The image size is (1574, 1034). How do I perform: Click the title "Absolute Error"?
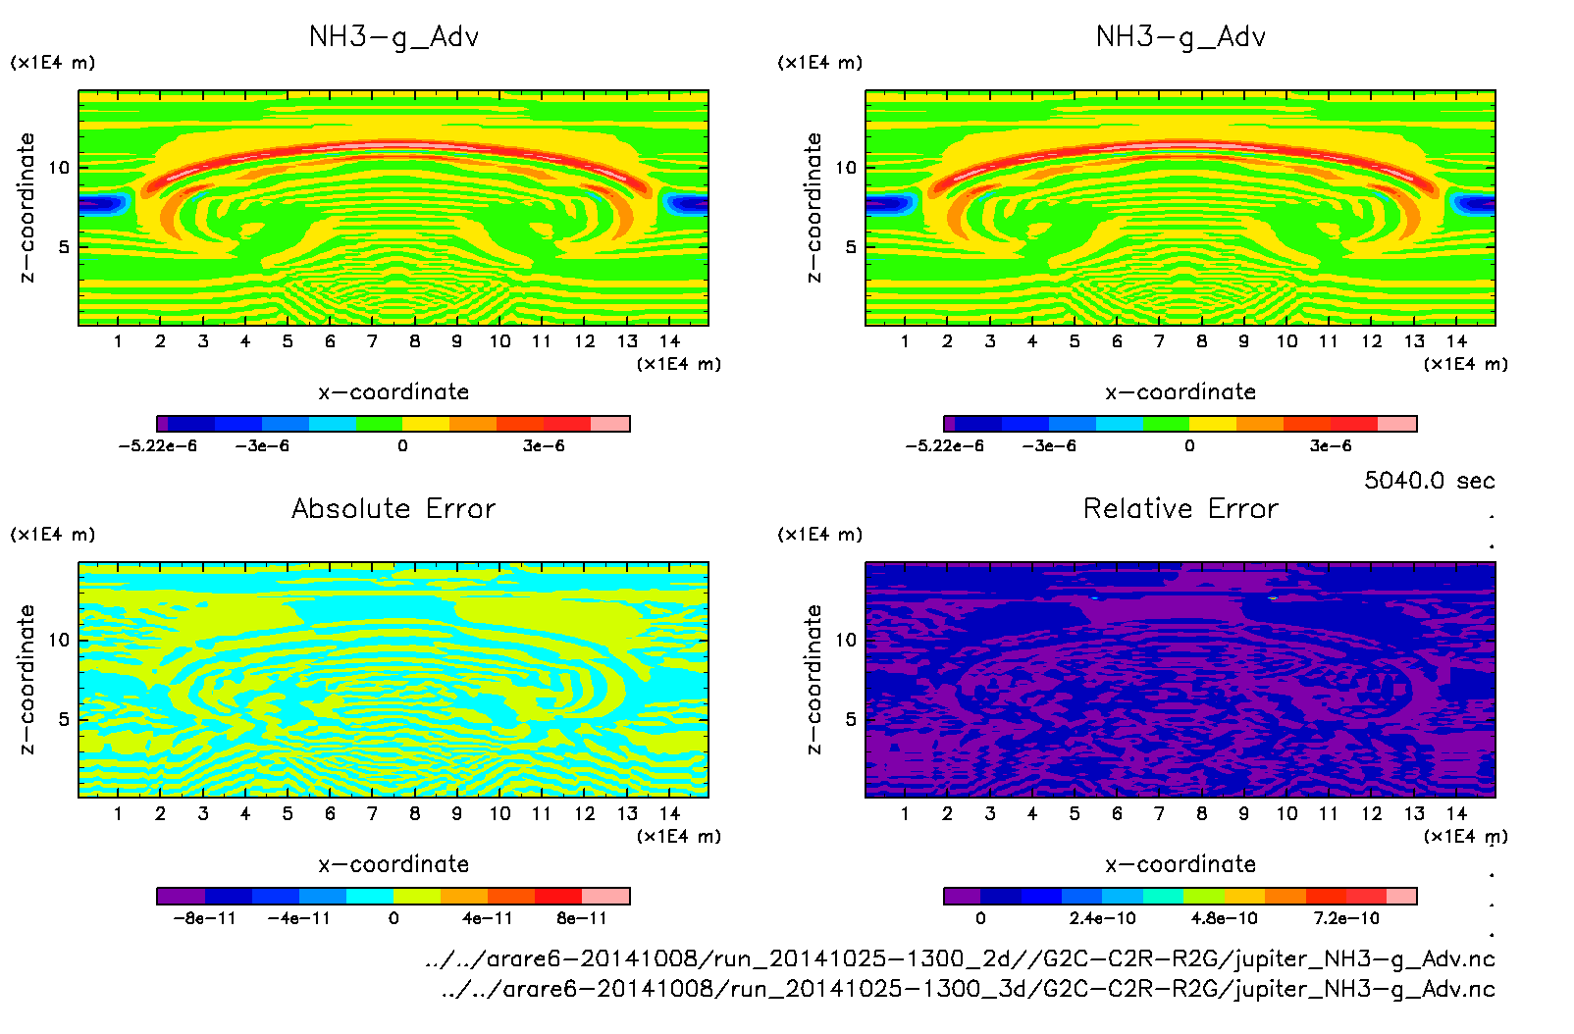click(393, 508)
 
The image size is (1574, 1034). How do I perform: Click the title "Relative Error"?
click(1180, 508)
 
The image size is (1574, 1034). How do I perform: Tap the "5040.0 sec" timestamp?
click(1429, 481)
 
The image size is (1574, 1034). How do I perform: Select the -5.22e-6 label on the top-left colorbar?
click(158, 446)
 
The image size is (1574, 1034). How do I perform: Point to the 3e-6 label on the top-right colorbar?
click(1331, 446)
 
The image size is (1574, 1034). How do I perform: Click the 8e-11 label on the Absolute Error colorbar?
click(582, 919)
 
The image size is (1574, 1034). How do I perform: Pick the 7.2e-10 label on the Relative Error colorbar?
click(1346, 919)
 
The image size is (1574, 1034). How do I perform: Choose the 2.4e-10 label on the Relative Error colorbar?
click(1102, 919)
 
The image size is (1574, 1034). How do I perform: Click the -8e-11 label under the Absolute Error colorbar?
click(204, 919)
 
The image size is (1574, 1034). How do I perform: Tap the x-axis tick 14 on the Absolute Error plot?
click(669, 813)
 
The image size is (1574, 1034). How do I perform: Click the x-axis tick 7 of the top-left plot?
click(372, 341)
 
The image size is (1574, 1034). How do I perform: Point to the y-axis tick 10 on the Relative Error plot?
click(846, 640)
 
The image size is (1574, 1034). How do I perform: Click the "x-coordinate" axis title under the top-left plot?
click(393, 392)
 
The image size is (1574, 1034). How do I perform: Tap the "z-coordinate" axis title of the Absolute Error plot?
click(27, 679)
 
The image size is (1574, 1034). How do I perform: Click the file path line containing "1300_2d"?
click(960, 958)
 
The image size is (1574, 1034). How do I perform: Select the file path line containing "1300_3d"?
click(968, 989)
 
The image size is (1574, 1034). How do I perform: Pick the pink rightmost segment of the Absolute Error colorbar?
click(605, 896)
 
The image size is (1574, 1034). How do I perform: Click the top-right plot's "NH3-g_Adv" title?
click(1180, 37)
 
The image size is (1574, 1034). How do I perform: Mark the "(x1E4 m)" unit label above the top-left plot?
click(53, 63)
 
